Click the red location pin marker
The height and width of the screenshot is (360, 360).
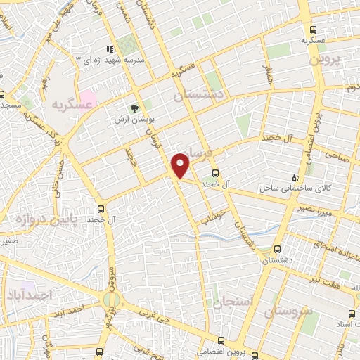(x=181, y=165)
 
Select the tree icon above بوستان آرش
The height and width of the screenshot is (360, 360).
(x=134, y=108)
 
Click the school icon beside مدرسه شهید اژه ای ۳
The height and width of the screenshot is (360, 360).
(x=109, y=49)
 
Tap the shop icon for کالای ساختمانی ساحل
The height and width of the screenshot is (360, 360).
(x=295, y=179)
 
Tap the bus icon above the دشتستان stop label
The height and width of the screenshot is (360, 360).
(x=278, y=249)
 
